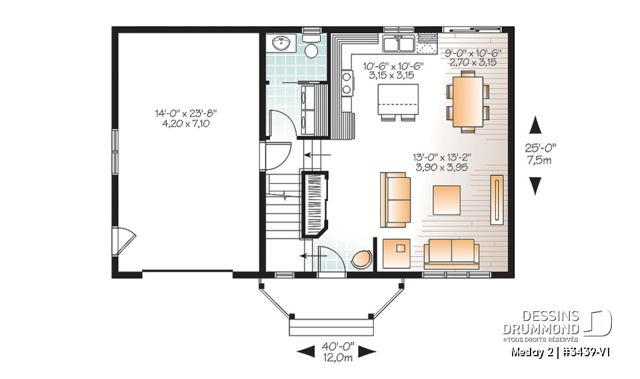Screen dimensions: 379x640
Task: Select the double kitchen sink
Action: tap(400, 44)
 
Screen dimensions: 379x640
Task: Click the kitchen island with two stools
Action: tap(393, 100)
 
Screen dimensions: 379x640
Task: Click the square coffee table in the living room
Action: tap(446, 199)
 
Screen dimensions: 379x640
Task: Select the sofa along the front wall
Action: tap(451, 252)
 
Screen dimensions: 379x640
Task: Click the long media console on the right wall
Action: tap(497, 198)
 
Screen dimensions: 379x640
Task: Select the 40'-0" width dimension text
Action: tap(337, 347)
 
